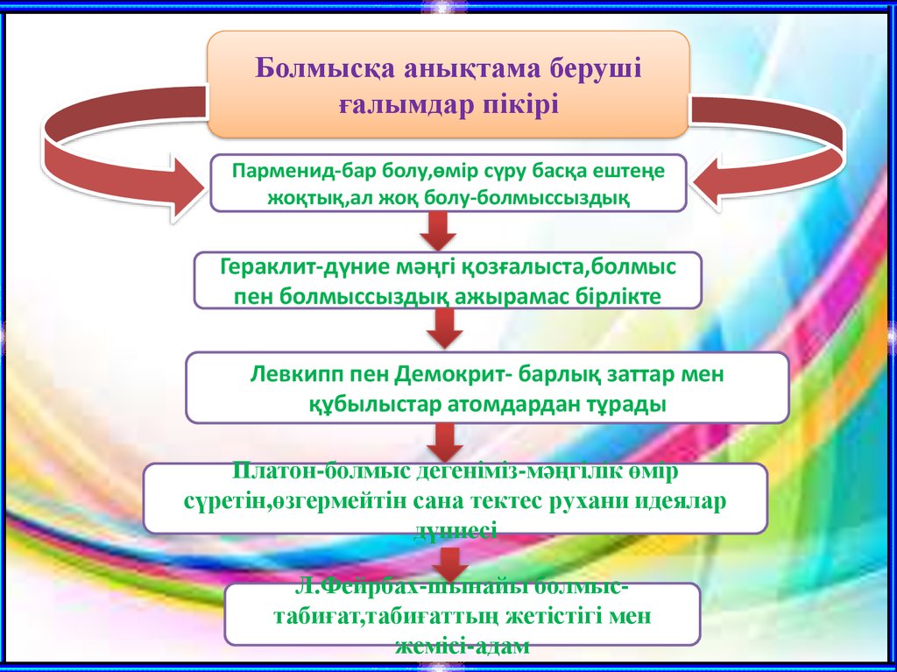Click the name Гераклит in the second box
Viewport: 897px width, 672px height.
click(258, 265)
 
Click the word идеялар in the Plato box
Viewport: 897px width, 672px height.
click(682, 502)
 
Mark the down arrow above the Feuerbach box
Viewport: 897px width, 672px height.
click(452, 561)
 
